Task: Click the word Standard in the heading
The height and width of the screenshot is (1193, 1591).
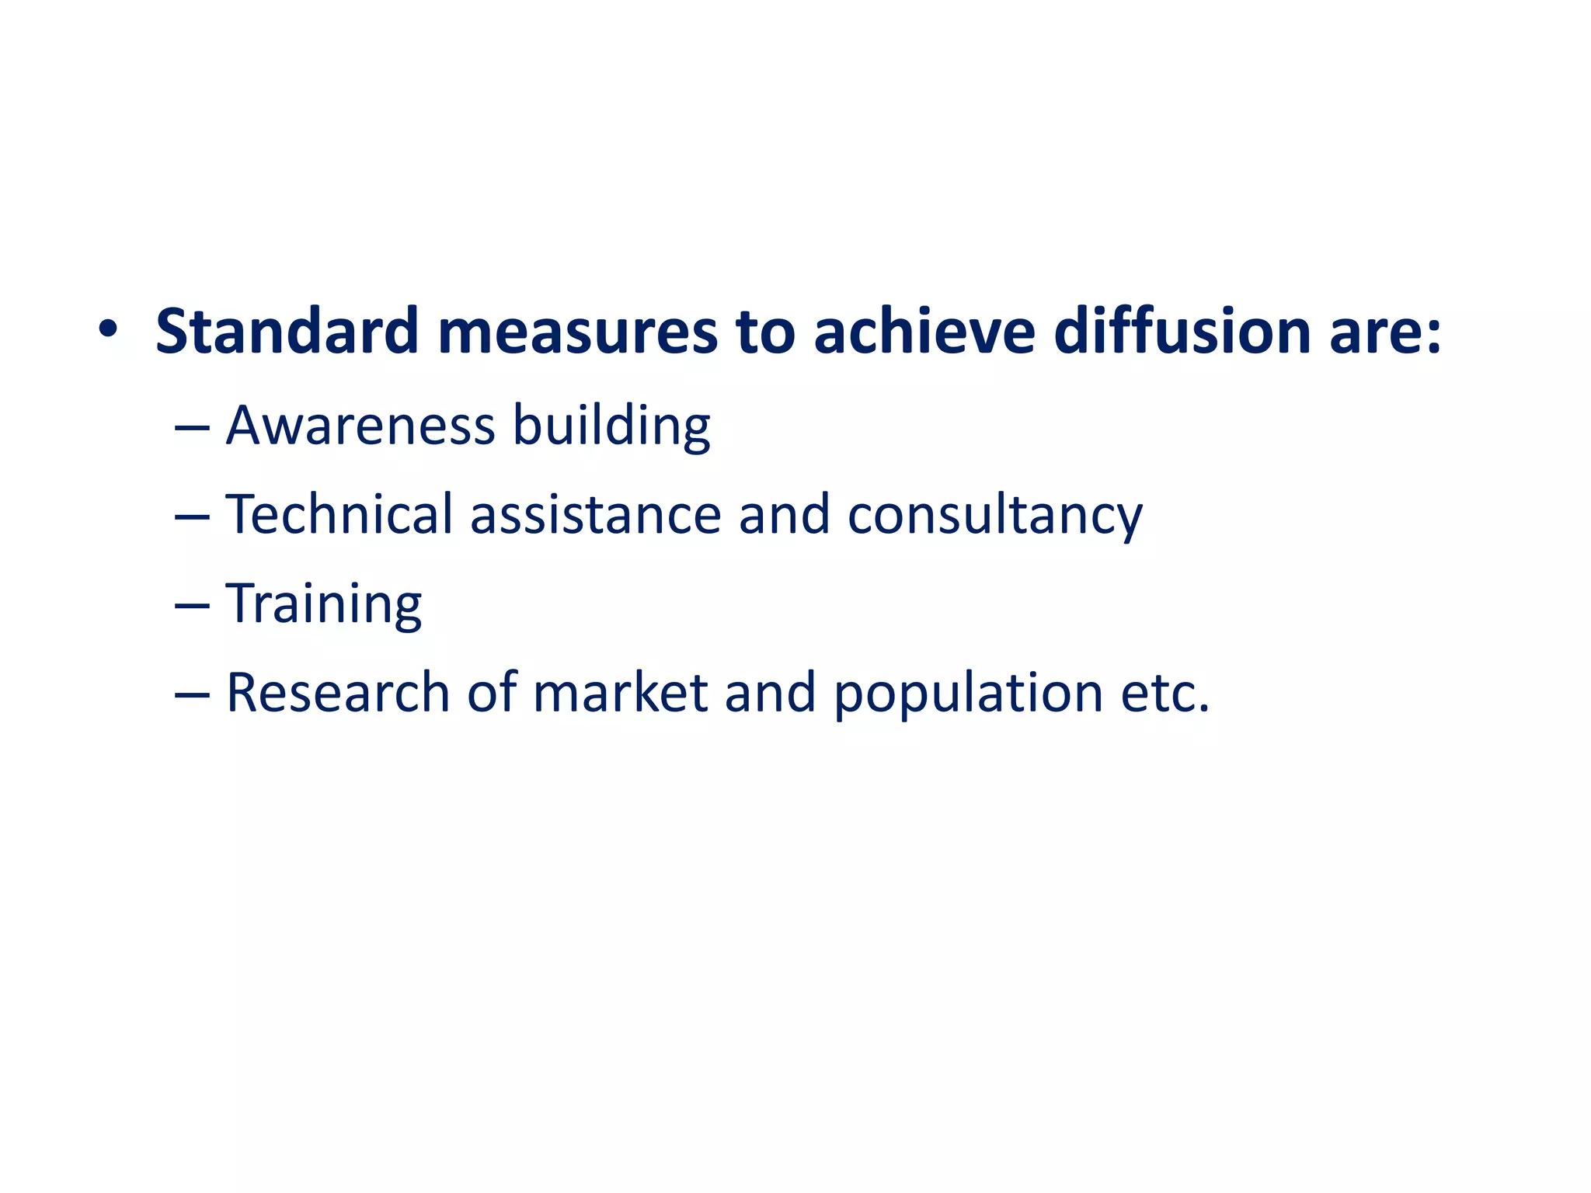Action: click(287, 332)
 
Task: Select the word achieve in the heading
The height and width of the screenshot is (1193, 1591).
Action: click(924, 332)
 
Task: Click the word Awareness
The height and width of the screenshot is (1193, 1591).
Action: click(360, 426)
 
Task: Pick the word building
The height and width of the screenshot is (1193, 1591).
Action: click(611, 427)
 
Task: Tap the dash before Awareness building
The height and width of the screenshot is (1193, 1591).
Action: click(192, 428)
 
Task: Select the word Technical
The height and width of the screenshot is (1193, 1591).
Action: click(339, 514)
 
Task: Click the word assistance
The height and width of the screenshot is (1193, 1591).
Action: click(596, 516)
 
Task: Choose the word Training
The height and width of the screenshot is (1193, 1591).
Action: click(324, 605)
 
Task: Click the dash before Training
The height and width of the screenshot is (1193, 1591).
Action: click(192, 606)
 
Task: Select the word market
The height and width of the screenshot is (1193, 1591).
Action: click(620, 693)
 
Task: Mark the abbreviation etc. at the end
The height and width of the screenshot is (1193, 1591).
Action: click(1165, 693)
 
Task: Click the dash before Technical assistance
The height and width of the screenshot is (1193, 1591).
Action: click(192, 517)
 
